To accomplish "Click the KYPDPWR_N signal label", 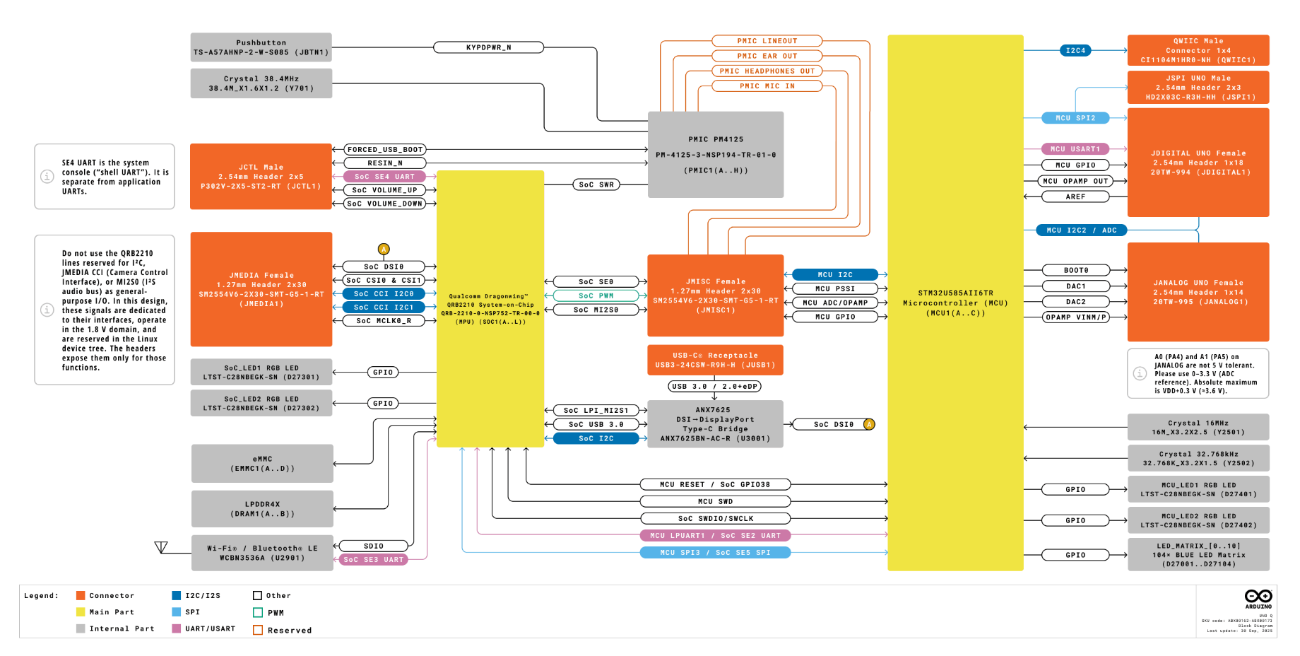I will tap(488, 47).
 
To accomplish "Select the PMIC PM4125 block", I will tap(715, 154).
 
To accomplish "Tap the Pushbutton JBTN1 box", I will tap(261, 47).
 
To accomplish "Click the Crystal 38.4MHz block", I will tap(261, 83).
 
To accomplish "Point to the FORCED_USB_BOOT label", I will tap(385, 150).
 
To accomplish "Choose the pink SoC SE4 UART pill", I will tap(384, 177).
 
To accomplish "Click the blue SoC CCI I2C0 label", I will tap(384, 293).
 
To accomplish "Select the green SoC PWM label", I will tap(596, 295).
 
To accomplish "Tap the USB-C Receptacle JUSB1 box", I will tap(715, 360).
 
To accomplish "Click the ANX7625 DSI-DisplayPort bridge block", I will tap(715, 424).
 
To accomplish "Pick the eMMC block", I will tap(262, 464).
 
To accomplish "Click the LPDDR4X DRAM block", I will tap(262, 509).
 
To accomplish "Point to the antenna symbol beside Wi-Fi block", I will tap(161, 547).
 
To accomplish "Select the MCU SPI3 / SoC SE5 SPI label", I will tap(715, 553).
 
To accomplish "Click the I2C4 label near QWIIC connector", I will tap(1075, 50).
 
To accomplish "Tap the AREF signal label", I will tap(1075, 197).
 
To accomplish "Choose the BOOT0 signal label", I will tap(1075, 270).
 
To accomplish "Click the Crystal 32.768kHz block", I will tap(1198, 458).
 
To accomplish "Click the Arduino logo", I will tap(1258, 598).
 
